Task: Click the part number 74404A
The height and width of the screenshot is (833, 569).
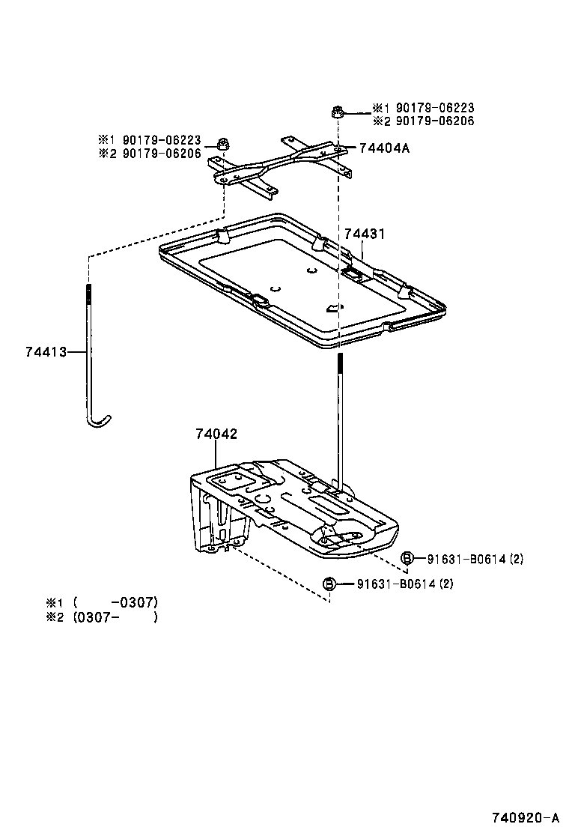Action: point(385,148)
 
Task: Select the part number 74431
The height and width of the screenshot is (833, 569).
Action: point(365,234)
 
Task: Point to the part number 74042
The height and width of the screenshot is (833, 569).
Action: point(216,434)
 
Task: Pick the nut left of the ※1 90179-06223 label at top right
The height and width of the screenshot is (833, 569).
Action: point(336,113)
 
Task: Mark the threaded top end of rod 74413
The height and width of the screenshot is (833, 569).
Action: point(89,291)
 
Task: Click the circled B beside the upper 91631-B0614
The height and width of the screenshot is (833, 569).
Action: point(407,558)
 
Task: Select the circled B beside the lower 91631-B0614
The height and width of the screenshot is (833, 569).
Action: point(328,584)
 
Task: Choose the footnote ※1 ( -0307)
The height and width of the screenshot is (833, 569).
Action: point(102,602)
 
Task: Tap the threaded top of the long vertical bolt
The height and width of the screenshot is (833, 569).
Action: point(339,363)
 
